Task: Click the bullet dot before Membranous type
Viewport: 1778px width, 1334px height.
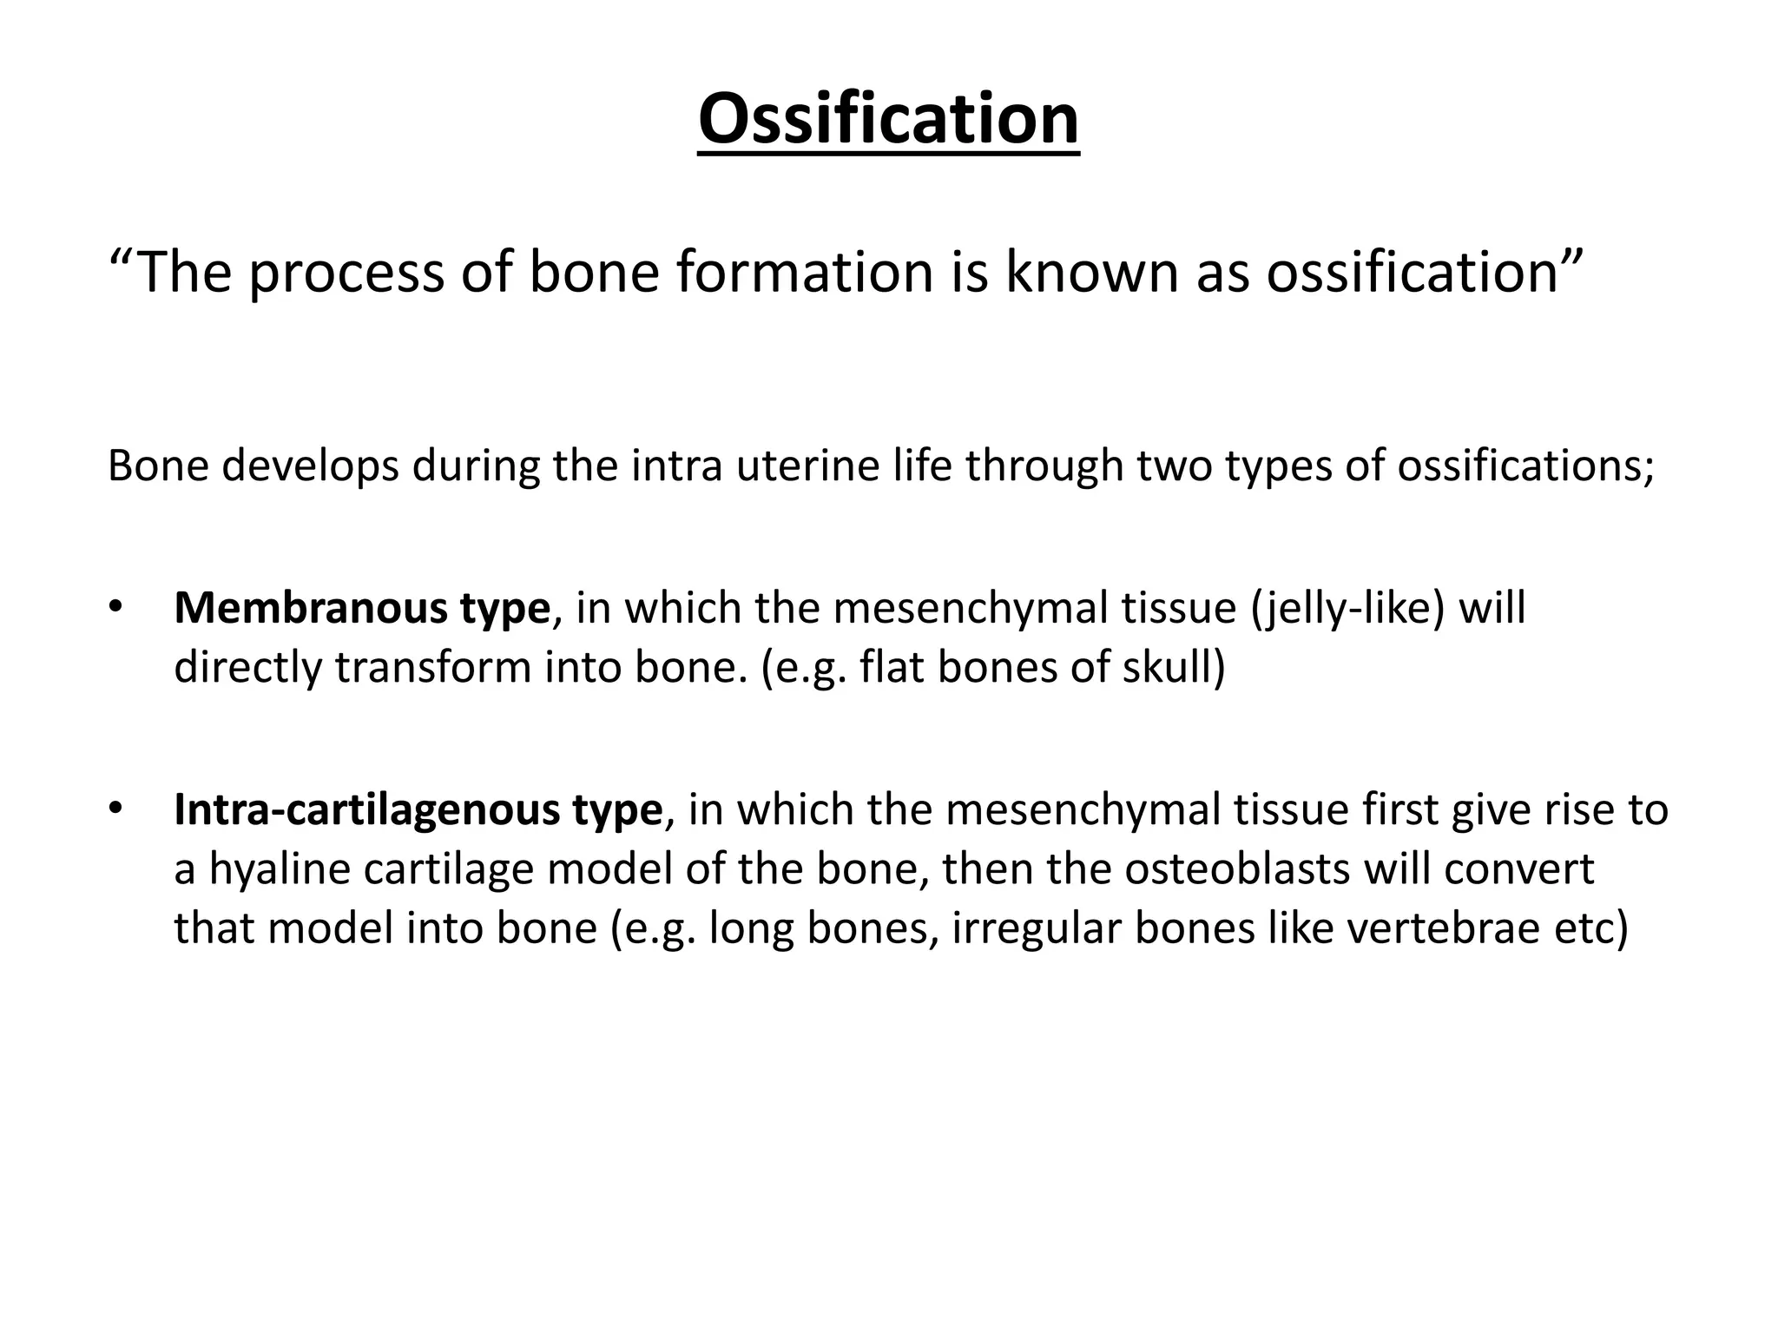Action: tap(116, 606)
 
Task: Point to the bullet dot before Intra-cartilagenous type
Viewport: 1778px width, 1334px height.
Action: tap(116, 808)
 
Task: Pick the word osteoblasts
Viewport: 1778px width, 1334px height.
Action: tap(1236, 868)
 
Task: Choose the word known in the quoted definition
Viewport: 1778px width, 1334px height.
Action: tap(1091, 272)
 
